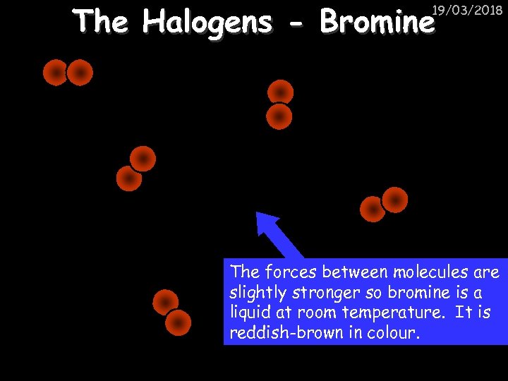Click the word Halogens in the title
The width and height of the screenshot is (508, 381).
[206, 23]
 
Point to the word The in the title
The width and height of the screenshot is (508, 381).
[102, 23]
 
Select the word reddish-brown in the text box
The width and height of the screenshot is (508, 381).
[285, 332]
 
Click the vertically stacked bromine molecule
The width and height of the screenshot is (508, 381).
[280, 104]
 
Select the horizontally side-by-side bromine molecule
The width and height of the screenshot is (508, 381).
[68, 73]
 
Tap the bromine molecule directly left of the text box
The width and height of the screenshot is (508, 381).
[173, 312]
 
